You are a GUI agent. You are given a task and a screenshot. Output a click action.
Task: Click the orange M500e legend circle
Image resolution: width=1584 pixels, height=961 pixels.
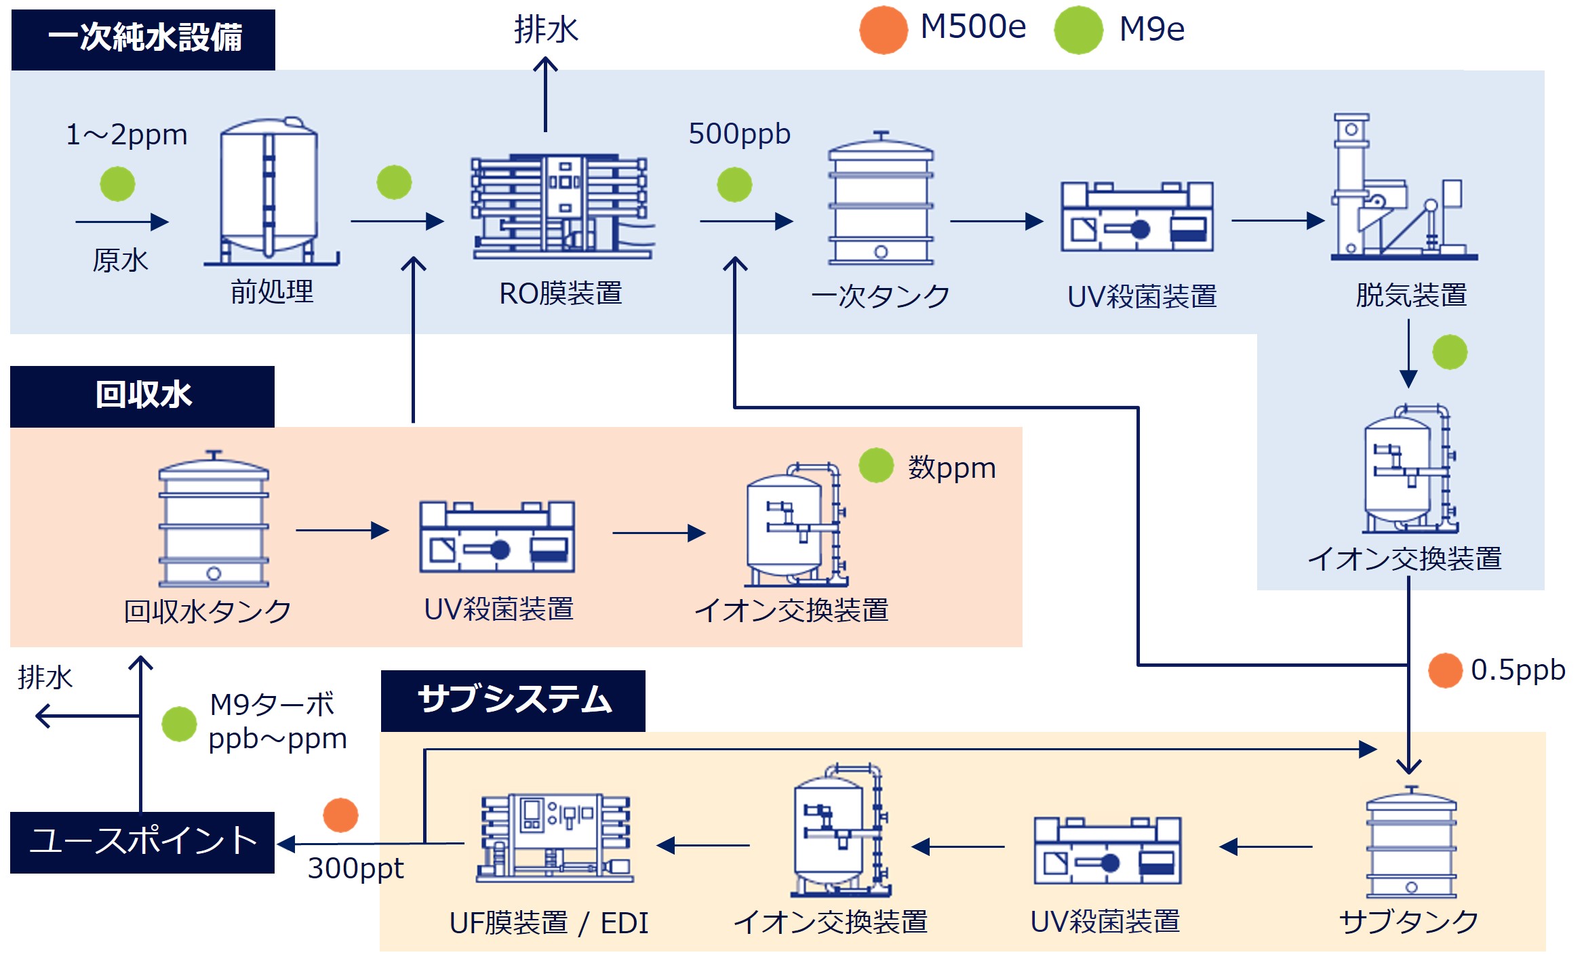coord(883,30)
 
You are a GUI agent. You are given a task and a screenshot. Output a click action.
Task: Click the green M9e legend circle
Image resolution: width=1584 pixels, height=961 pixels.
coord(1078,30)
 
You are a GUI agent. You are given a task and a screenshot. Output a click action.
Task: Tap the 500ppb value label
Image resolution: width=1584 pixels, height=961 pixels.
coord(739,134)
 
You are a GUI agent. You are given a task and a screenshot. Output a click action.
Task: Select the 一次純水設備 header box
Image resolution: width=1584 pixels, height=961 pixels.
coord(143,39)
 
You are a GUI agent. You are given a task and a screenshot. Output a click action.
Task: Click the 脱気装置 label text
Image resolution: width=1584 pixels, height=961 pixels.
coord(1410,295)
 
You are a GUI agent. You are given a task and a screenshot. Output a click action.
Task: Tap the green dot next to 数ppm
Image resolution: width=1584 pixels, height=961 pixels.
coord(876,466)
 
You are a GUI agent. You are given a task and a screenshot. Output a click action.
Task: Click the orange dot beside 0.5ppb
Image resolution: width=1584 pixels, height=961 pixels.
coord(1445,670)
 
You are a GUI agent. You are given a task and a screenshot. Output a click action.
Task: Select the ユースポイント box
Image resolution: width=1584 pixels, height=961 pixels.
coord(142,842)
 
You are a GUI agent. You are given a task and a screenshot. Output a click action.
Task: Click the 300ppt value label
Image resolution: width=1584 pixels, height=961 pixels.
coord(355,868)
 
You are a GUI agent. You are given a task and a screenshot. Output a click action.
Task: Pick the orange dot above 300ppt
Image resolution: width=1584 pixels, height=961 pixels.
coord(340,815)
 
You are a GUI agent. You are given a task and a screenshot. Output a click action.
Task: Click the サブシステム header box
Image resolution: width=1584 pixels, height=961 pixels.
coord(513,701)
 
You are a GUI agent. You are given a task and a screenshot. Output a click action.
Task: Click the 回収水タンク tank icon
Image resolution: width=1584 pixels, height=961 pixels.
coord(214,519)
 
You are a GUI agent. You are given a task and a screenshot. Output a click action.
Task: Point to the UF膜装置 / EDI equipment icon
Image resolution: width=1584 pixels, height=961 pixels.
coord(555,838)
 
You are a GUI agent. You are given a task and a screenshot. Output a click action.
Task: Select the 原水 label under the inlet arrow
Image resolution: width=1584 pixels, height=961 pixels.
coord(120,260)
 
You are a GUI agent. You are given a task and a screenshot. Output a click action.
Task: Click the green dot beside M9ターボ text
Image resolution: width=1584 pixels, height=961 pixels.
coord(179,724)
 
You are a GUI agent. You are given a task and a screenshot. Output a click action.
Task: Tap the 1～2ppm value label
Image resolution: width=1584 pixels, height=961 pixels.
coord(126,135)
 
